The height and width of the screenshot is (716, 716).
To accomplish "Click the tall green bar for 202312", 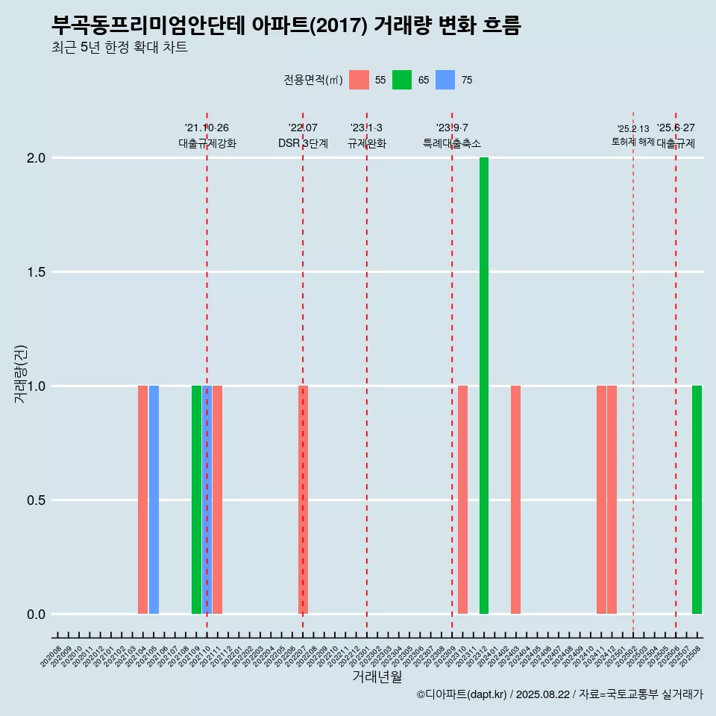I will pos(484,386).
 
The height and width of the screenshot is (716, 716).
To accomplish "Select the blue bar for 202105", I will pos(154,500).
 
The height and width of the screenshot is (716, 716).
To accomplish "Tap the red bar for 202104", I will pos(142,500).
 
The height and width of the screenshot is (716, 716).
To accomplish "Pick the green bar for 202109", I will pos(196,500).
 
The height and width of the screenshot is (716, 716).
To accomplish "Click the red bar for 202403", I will pos(515,500).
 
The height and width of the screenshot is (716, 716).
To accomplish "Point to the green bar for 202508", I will pos(697,500).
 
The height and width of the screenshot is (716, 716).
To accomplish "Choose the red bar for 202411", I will pos(601,500).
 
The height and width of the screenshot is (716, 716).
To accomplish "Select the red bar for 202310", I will pos(462,500).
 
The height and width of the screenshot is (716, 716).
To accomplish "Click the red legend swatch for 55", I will pos(359,80).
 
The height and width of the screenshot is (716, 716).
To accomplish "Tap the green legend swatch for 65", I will pos(402,80).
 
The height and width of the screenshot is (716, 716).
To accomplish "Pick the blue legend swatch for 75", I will pos(445,80).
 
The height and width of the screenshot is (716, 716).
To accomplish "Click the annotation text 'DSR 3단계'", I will pos(303,143).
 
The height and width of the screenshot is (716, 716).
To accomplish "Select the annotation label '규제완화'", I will pos(367,143).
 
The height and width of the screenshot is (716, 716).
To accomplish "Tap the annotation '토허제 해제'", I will pos(632,142).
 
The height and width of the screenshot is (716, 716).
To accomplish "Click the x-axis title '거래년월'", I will pos(377,677).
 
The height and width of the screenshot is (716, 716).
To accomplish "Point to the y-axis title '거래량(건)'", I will pos(20,374).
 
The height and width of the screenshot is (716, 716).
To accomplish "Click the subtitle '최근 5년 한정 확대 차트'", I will pos(119,48).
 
